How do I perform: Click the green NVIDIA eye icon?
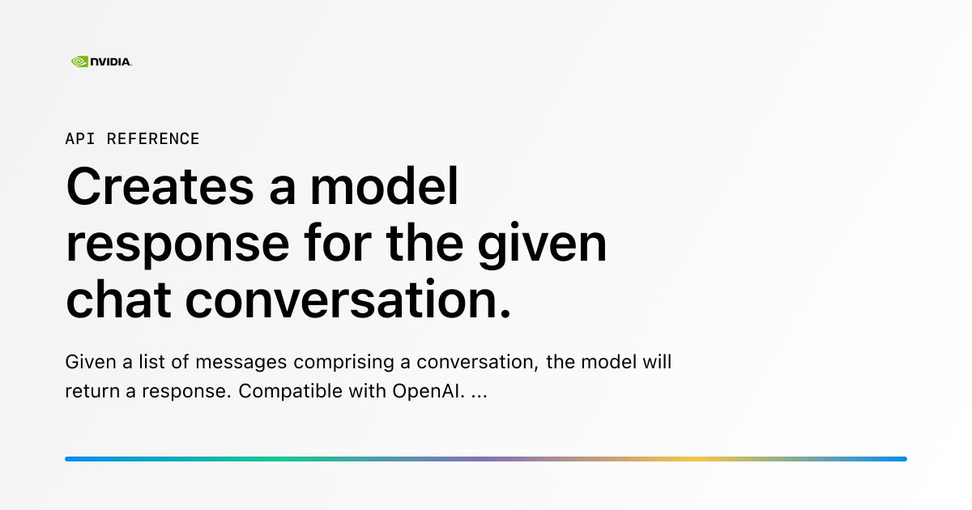pyautogui.click(x=79, y=61)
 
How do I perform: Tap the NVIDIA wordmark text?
pyautogui.click(x=111, y=62)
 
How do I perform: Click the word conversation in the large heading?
pyautogui.click(x=348, y=300)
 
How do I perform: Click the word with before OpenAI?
pyautogui.click(x=368, y=391)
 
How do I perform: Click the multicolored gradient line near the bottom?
pyautogui.click(x=486, y=459)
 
